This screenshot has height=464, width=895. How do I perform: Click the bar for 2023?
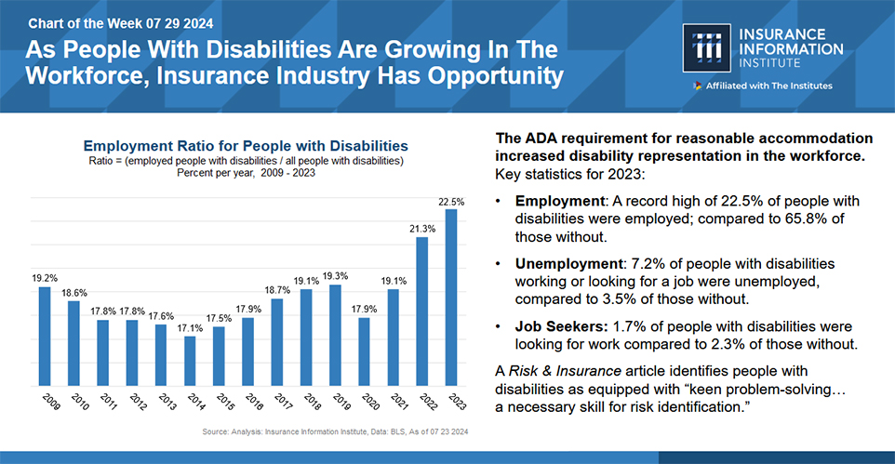pyautogui.click(x=451, y=297)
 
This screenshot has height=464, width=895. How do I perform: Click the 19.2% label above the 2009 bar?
pyautogui.click(x=44, y=278)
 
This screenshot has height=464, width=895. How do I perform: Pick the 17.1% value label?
pyautogui.click(x=190, y=327)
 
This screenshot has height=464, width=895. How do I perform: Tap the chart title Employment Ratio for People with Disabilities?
pyautogui.click(x=246, y=146)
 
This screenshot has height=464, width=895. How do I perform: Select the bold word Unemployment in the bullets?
pyautogui.click(x=567, y=263)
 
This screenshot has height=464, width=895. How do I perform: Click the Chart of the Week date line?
pyautogui.click(x=108, y=21)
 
